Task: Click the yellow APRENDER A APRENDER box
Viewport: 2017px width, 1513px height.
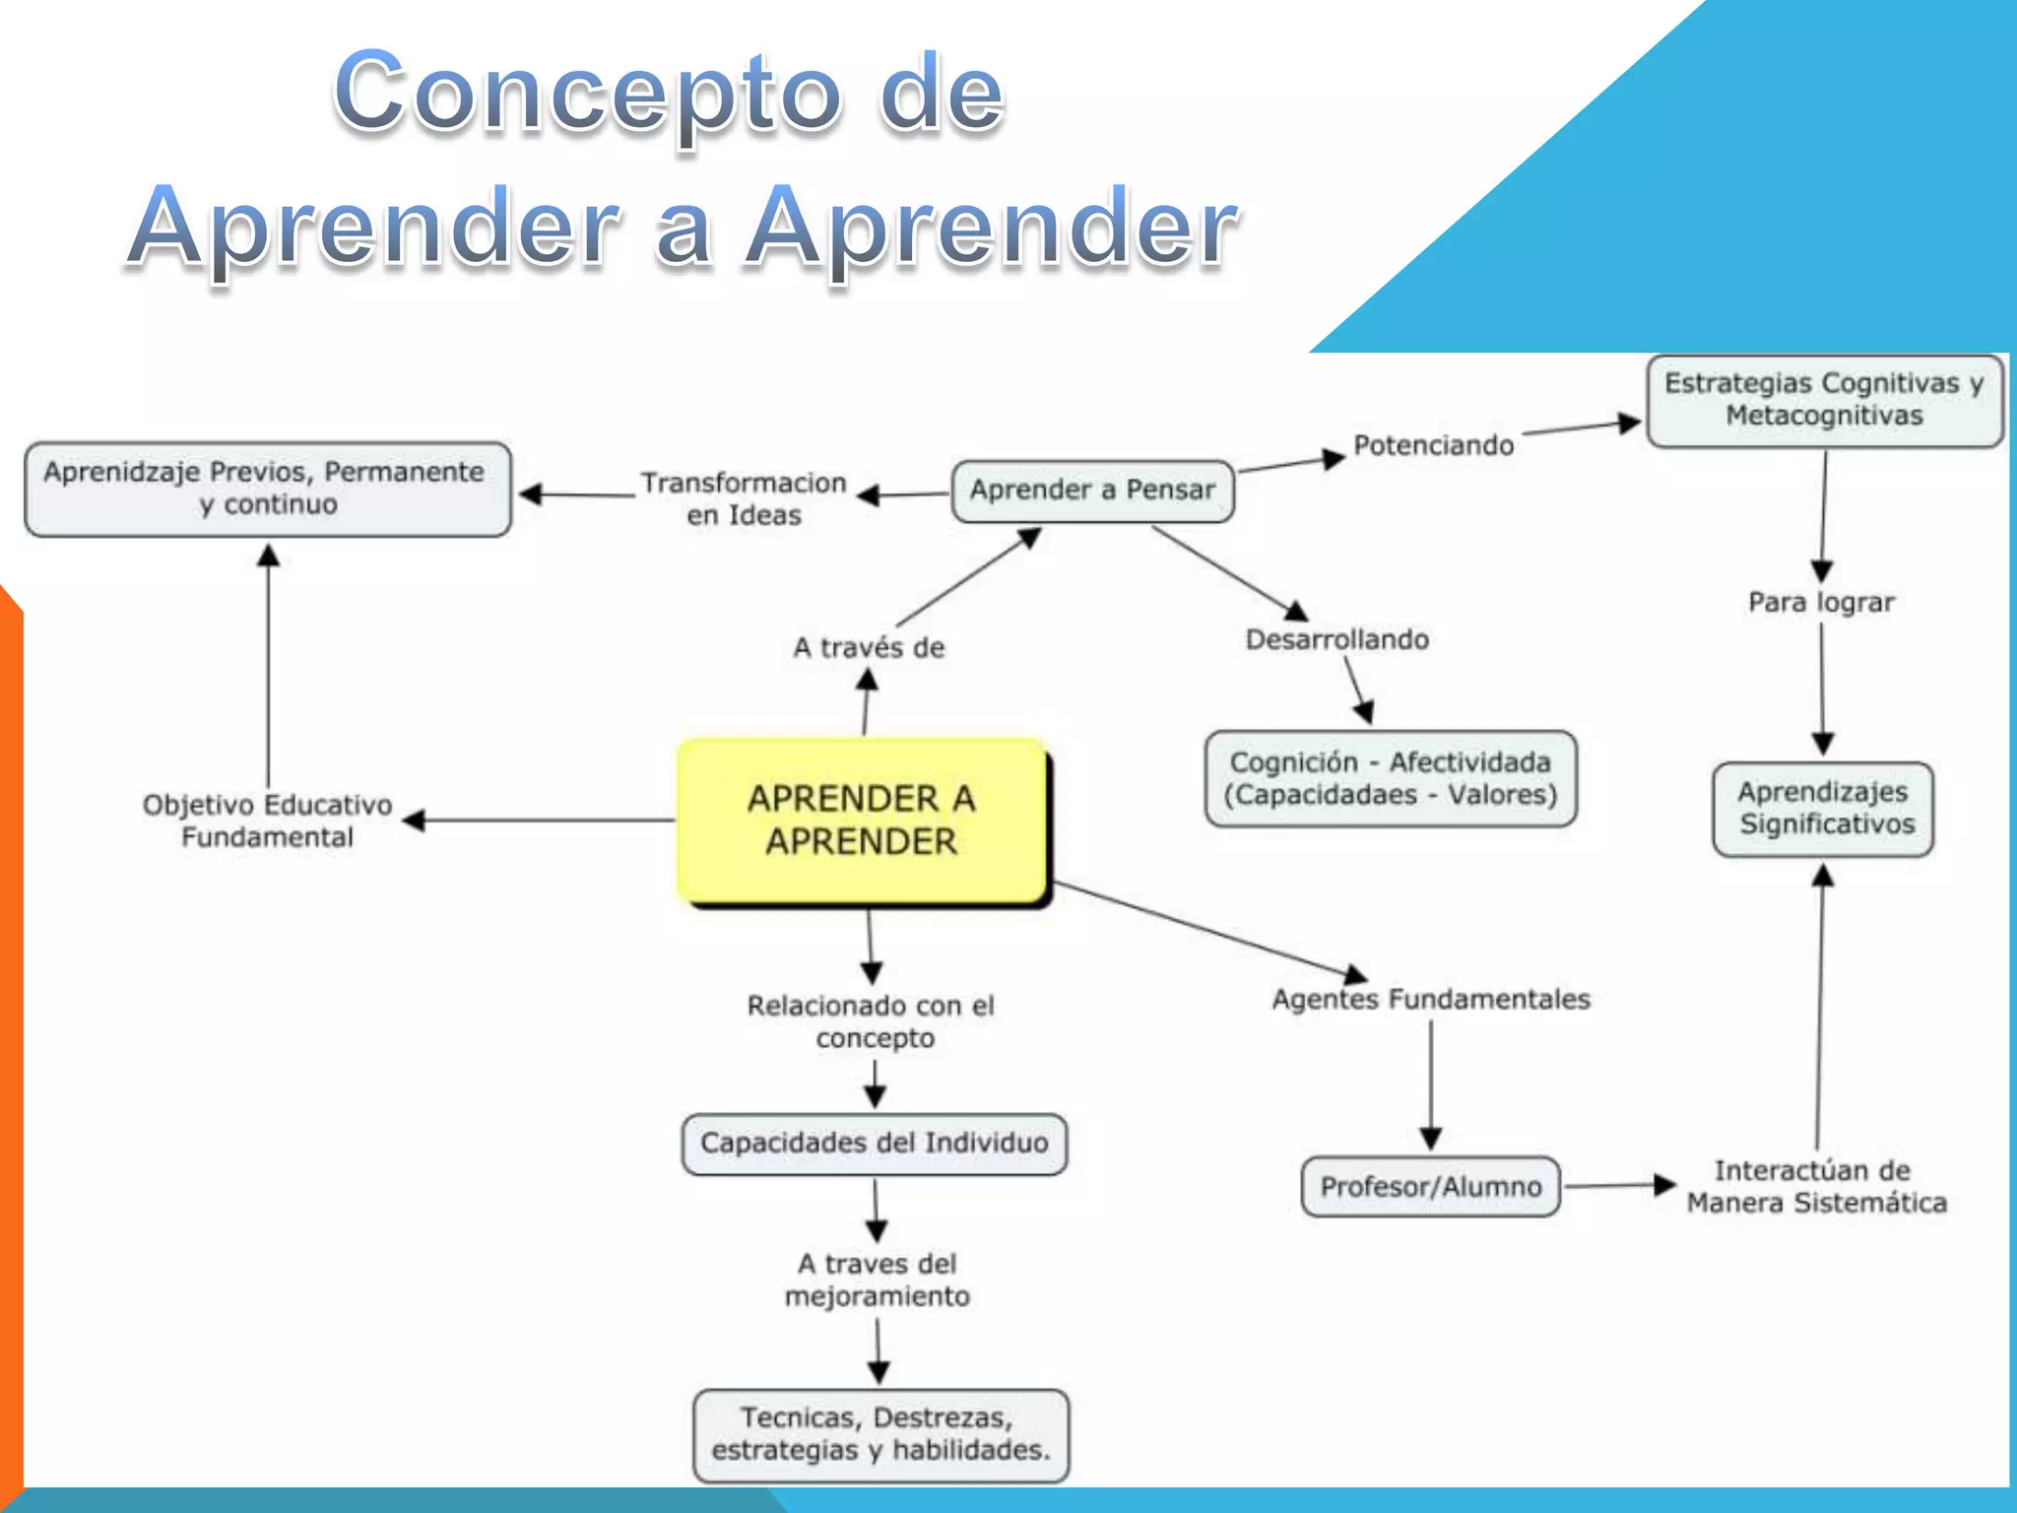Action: pos(862,820)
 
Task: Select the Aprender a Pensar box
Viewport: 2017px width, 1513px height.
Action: pos(1092,491)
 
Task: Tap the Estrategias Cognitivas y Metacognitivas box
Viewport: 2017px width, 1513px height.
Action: pos(1824,400)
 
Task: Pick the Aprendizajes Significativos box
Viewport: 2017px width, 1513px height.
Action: pos(1823,809)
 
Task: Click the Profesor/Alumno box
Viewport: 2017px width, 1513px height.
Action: pos(1430,1187)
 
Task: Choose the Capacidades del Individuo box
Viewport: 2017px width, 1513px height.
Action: pos(875,1144)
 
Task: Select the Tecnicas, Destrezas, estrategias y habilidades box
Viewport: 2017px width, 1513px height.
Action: pos(880,1434)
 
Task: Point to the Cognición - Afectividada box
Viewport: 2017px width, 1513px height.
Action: pos(1391,778)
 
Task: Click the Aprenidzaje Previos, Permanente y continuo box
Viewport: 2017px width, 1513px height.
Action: pos(267,489)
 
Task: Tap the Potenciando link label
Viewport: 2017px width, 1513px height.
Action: pos(1433,445)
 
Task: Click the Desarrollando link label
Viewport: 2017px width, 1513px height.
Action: pos(1336,640)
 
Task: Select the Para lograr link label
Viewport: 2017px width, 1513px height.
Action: pos(1821,602)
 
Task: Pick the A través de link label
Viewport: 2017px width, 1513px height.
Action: pos(869,648)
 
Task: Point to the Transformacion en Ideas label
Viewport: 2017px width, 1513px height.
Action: pos(744,498)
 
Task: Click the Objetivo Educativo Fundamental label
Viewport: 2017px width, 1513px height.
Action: pos(267,821)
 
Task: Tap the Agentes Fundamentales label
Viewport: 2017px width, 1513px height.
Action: pos(1430,1000)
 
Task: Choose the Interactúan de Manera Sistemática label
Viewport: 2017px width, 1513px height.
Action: pos(1816,1186)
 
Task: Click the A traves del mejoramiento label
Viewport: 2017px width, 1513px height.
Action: pos(877,1280)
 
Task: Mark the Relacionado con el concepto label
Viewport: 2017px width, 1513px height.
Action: pos(872,1021)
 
